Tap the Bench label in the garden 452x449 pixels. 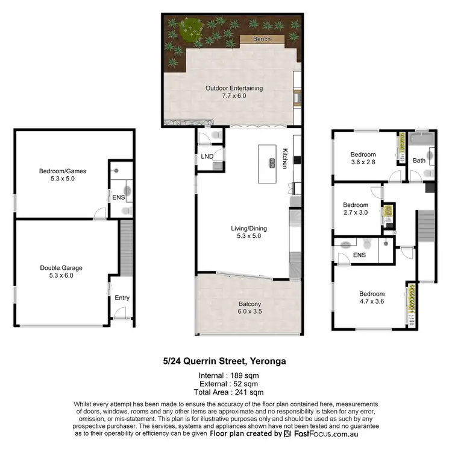tap(262, 39)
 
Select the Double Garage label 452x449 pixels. tap(61, 267)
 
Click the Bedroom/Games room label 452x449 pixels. tap(62, 171)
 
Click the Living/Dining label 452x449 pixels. tap(248, 229)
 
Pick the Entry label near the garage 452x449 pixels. tap(122, 298)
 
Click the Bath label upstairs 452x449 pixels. tap(419, 161)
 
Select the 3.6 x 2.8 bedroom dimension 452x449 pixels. tap(363, 162)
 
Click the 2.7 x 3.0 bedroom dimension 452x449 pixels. tap(356, 212)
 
